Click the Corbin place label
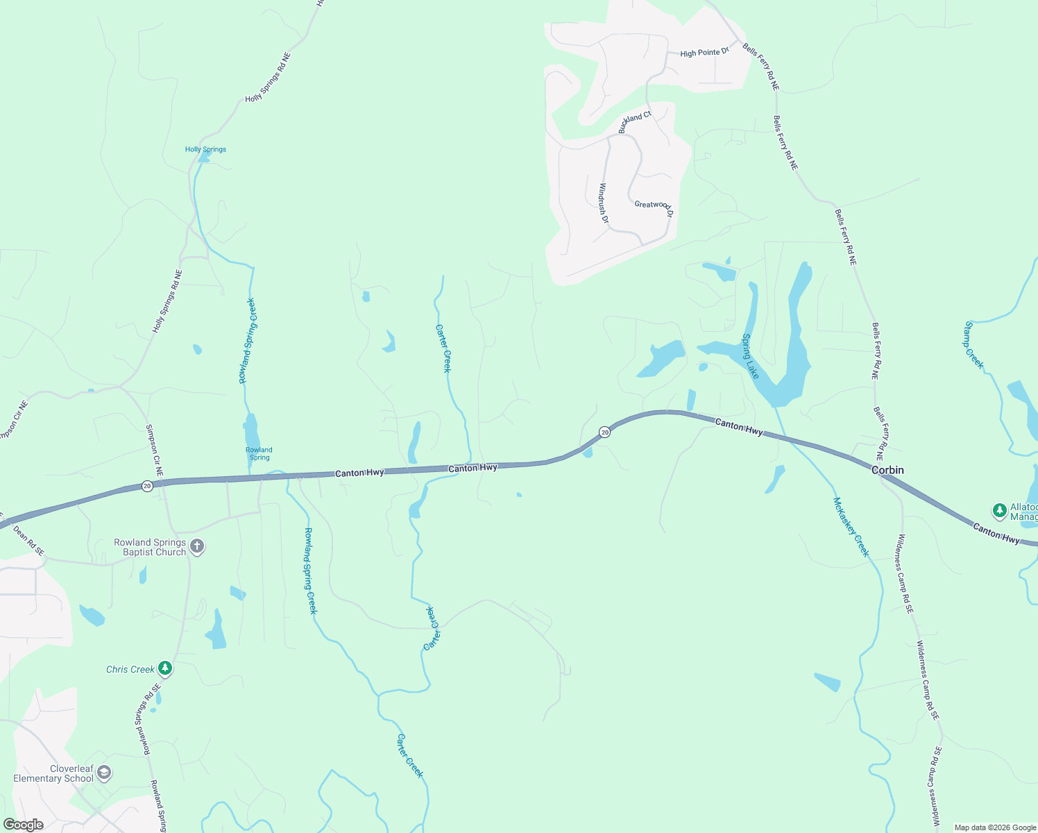click(x=887, y=470)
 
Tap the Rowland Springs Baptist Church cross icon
click(x=197, y=546)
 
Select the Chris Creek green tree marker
click(x=165, y=668)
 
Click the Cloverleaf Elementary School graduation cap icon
click(x=104, y=773)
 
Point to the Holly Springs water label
click(x=205, y=149)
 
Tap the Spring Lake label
click(x=751, y=356)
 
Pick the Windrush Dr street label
click(x=604, y=203)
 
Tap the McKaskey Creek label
click(x=851, y=527)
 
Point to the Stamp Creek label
click(x=973, y=345)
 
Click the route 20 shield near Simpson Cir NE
click(x=147, y=486)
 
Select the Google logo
click(x=24, y=825)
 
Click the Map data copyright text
click(x=995, y=827)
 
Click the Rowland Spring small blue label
click(x=259, y=454)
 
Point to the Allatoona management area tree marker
click(x=999, y=511)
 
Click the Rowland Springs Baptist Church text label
click(x=150, y=547)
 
